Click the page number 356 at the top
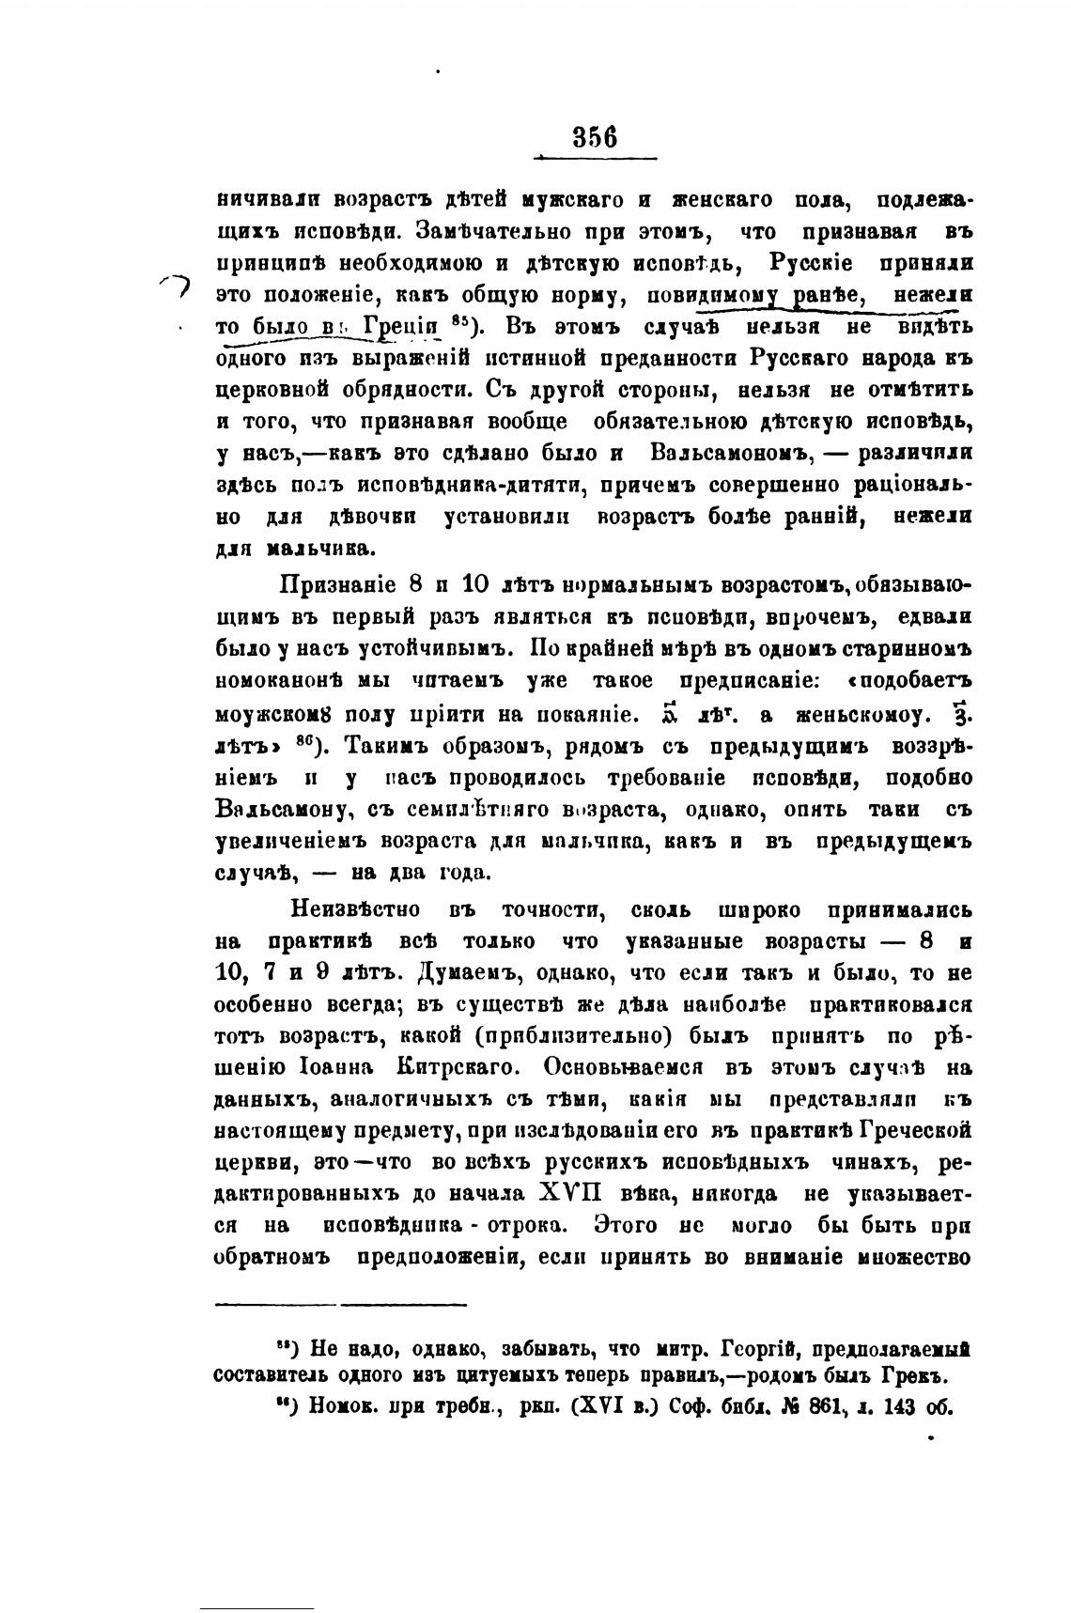[x=595, y=138]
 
